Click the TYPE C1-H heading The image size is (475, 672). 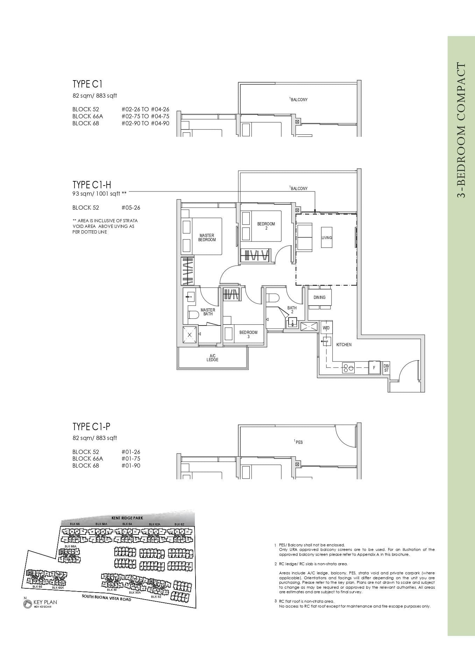point(91,185)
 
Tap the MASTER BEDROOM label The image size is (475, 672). point(207,238)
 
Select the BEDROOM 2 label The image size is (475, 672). point(266,226)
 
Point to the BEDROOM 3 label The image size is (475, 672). point(248,334)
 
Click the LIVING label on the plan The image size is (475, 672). point(327,238)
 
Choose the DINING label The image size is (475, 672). point(319,297)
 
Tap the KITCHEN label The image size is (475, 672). point(344,345)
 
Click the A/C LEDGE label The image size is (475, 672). point(212,358)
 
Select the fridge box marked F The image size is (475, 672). point(374,368)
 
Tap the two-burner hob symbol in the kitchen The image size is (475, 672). point(348,368)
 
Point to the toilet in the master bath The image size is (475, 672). point(193,315)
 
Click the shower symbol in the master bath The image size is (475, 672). point(190,335)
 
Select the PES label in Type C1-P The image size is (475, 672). point(299,442)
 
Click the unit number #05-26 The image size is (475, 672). point(131,208)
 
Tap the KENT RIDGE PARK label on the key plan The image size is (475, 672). point(127,518)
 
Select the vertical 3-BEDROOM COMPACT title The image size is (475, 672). point(461,130)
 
